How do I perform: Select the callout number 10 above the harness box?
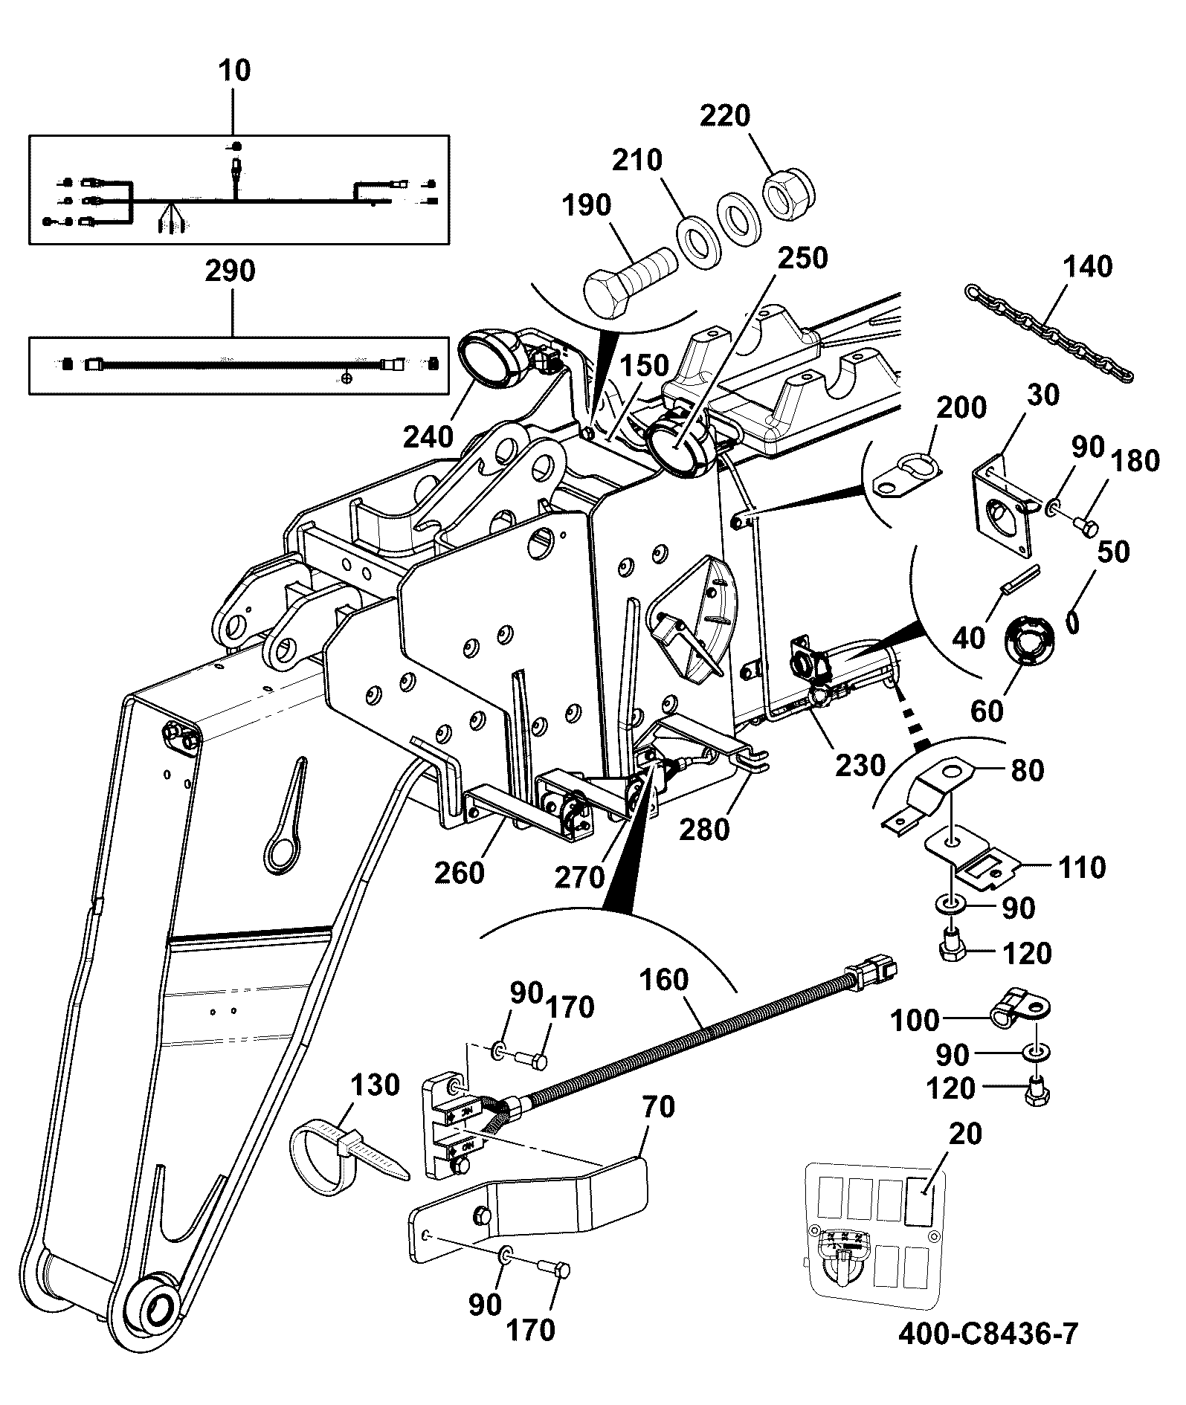tap(234, 71)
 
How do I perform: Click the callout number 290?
tap(231, 271)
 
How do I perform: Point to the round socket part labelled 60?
tap(1028, 640)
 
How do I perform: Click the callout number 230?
tap(860, 764)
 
